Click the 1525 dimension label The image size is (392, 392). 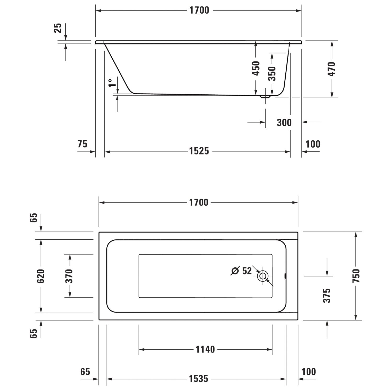coord(199,151)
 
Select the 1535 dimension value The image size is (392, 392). coord(199,379)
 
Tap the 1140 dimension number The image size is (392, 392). coord(205,349)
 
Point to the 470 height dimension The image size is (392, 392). coord(331,69)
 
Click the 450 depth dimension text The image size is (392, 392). coord(256,68)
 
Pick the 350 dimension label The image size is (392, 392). coord(272,74)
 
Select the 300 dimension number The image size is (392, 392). coord(284,122)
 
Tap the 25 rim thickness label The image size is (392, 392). coord(58,28)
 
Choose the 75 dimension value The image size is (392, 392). coord(82,144)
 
